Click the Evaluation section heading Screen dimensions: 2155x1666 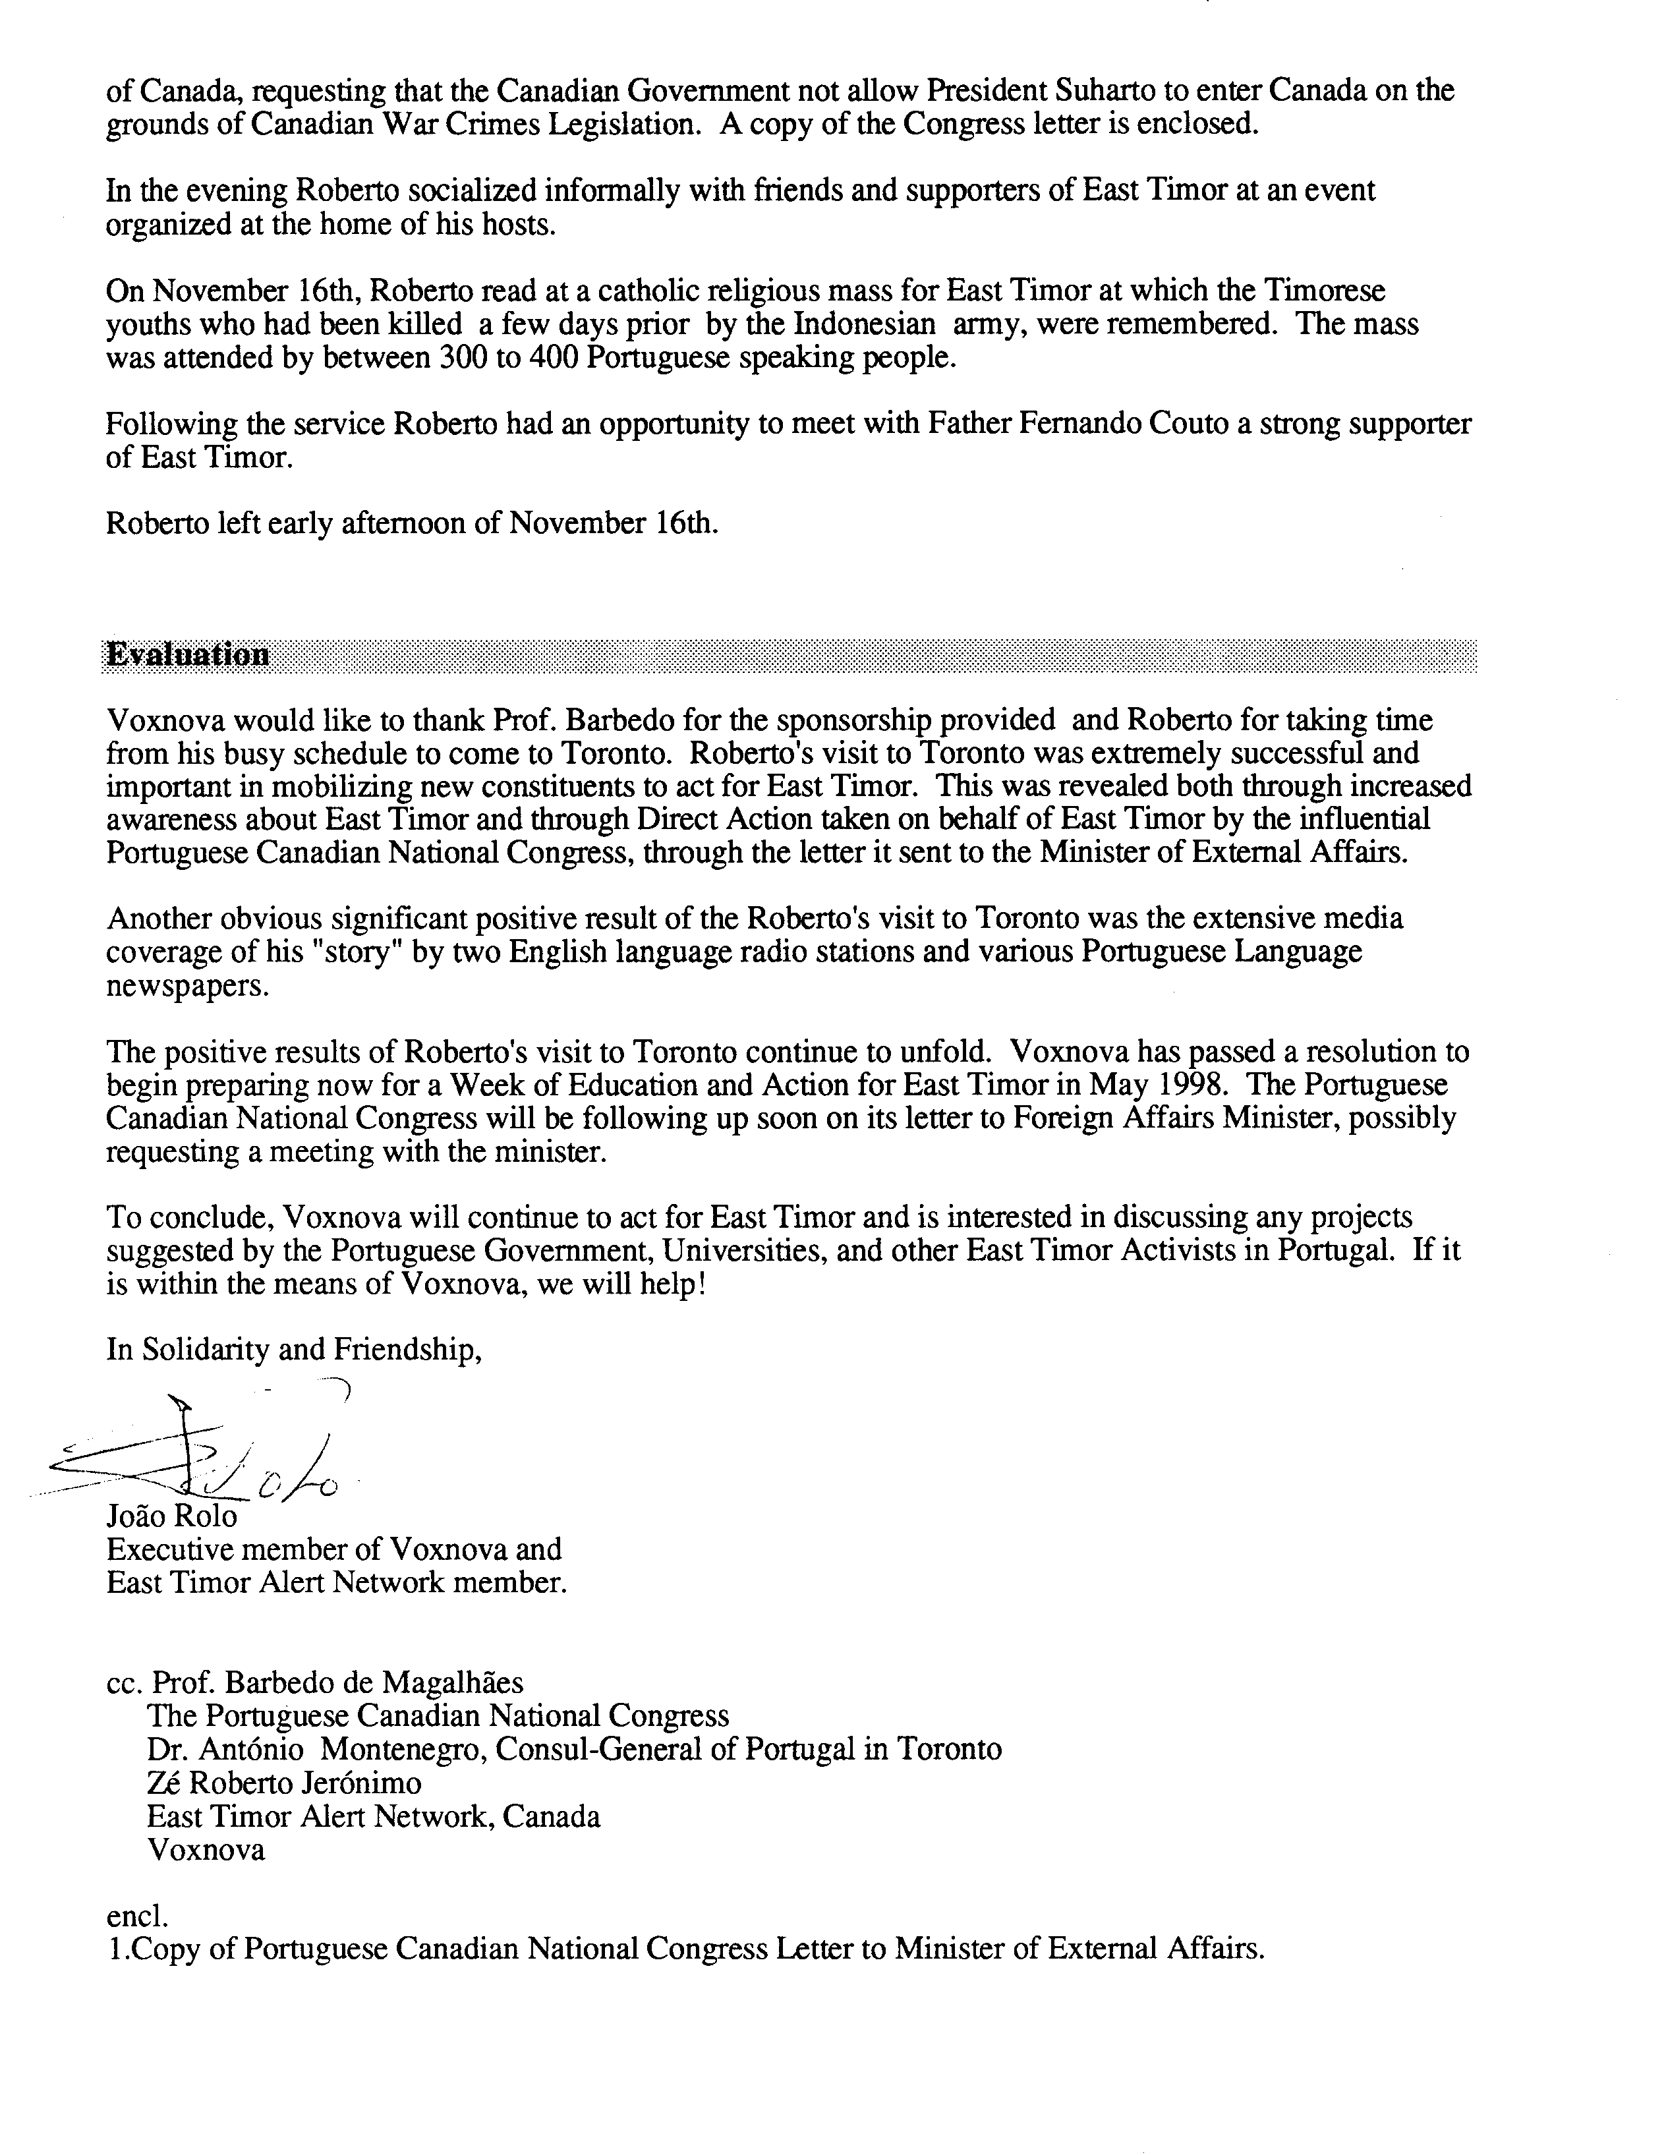[188, 655]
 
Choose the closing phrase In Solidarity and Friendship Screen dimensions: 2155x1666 [294, 1349]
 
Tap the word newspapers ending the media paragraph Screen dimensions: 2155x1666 [187, 987]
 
